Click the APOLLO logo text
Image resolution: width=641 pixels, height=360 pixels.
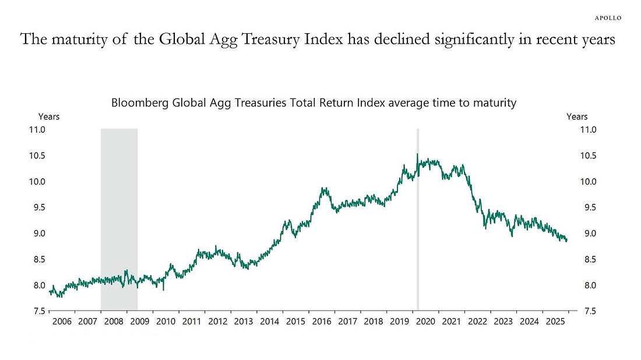[x=607, y=17]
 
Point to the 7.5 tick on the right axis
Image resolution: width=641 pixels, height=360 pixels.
[x=588, y=312]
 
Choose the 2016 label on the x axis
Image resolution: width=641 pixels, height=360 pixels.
[x=322, y=322]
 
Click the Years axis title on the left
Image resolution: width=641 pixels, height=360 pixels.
[x=49, y=117]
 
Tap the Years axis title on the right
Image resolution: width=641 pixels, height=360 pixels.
[x=577, y=117]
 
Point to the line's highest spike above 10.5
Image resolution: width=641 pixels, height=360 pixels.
[x=417, y=154]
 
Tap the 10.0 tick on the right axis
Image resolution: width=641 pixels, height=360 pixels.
[x=588, y=182]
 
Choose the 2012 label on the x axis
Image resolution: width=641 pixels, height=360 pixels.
[x=217, y=322]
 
